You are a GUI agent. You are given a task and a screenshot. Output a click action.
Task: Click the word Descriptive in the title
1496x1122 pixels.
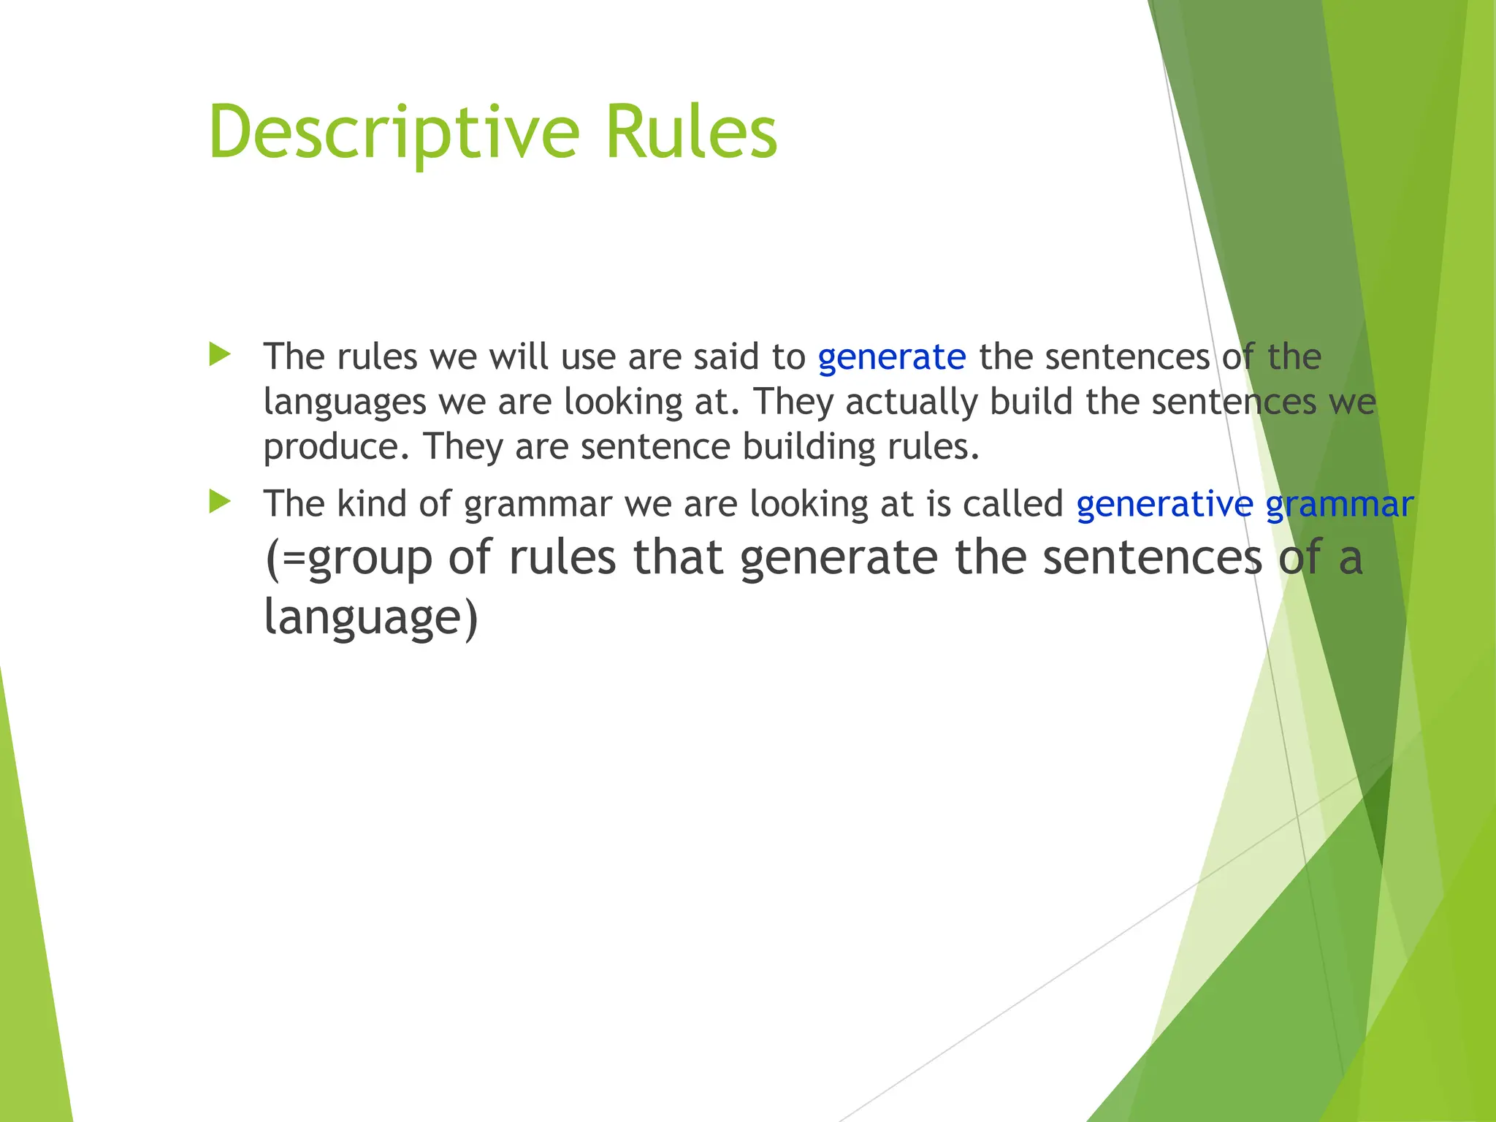tap(394, 133)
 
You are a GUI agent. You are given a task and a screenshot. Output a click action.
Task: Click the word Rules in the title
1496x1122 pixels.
tap(691, 133)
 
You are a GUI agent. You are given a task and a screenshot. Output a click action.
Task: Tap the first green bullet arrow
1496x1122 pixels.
tap(219, 355)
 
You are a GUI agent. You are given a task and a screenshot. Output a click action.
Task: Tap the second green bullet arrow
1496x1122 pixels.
tap(219, 502)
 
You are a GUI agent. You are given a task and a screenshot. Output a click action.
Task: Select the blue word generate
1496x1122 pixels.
tap(891, 358)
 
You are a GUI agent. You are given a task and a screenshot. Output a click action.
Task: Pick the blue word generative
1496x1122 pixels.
tap(1164, 505)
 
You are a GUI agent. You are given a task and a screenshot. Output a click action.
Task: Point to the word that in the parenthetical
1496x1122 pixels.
tap(678, 557)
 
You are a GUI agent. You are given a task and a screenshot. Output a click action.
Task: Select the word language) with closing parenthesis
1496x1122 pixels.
tap(370, 618)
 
